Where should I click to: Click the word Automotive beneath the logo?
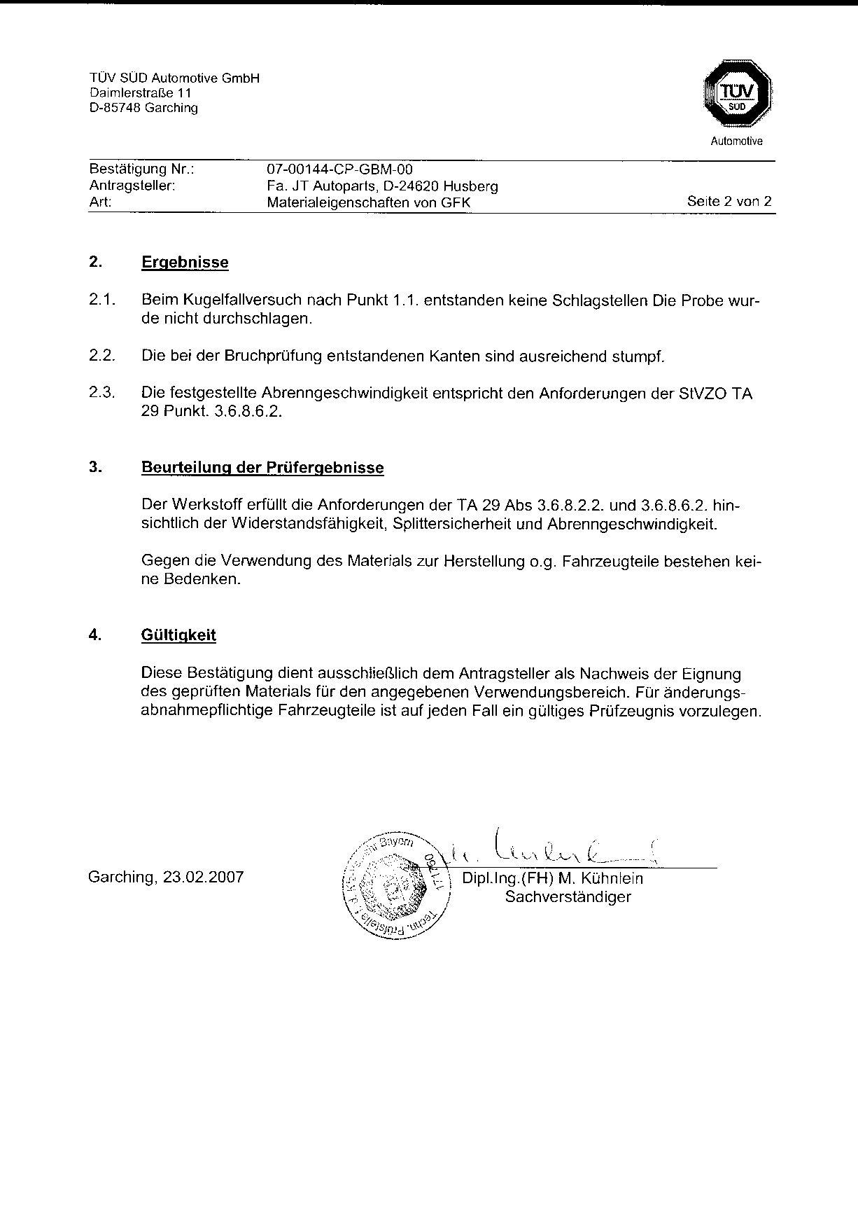[x=736, y=141]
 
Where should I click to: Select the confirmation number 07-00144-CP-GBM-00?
[x=340, y=169]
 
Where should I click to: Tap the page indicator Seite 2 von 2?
[x=729, y=202]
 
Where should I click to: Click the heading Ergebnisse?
[x=185, y=263]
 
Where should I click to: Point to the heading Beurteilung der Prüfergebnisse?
[x=262, y=468]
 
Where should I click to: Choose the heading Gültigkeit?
[x=178, y=635]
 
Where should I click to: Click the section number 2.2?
[x=101, y=356]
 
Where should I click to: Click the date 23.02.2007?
[x=203, y=877]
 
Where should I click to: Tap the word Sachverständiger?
[x=568, y=896]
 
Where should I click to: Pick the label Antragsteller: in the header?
[x=132, y=186]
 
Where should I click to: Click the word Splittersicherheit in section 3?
[x=452, y=523]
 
